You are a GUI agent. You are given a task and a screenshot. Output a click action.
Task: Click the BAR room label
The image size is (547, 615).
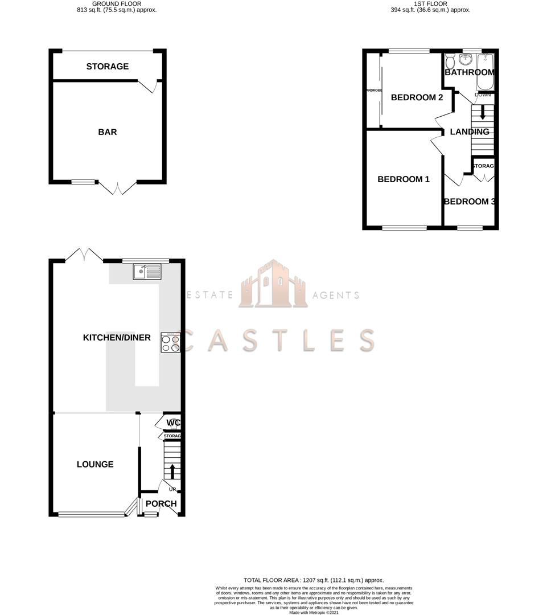(x=108, y=132)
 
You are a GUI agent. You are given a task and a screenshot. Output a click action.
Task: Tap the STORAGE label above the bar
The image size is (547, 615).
(x=108, y=67)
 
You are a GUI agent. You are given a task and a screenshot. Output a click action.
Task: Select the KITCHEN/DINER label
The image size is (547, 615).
(x=117, y=338)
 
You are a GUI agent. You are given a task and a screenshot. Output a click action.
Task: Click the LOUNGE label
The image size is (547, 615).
(x=95, y=464)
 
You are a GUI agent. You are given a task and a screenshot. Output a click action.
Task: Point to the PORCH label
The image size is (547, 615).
(x=161, y=504)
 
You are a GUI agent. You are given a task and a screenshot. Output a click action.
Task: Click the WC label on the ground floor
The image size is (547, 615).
(x=174, y=423)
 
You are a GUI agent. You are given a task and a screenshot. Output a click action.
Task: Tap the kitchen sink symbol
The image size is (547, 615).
(x=147, y=272)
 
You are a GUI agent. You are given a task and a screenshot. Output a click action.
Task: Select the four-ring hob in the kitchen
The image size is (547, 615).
(x=171, y=343)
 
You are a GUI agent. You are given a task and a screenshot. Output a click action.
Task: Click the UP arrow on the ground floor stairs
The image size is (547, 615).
(x=171, y=471)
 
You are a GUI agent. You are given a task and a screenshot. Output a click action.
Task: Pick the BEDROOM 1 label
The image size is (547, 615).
(x=404, y=179)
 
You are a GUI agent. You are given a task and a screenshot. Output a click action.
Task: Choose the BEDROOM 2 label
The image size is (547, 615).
(x=417, y=97)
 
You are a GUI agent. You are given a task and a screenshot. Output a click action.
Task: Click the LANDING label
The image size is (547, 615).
(x=470, y=132)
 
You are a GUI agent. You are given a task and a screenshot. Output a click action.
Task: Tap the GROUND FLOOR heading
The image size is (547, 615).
(x=117, y=4)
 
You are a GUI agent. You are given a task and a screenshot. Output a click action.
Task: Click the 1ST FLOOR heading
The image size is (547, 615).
(x=431, y=4)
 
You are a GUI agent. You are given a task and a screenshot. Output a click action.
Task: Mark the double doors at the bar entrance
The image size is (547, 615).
(x=117, y=188)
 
